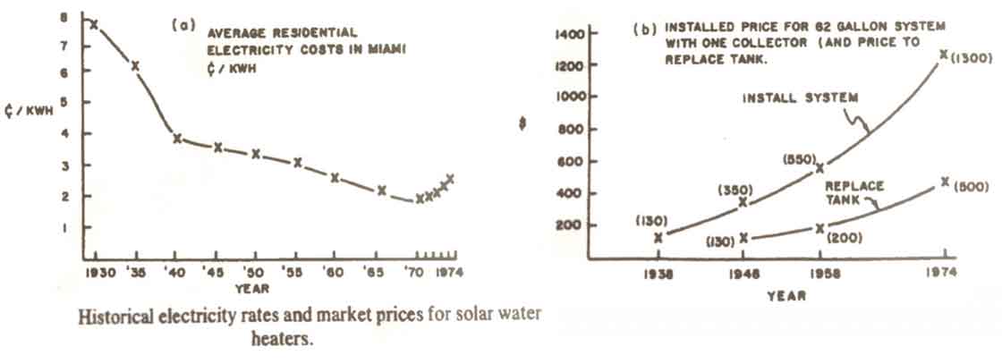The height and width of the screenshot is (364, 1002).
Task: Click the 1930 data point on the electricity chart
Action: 94,24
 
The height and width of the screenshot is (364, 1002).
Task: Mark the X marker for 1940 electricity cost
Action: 178,139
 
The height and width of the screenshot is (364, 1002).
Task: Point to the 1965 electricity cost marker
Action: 382,190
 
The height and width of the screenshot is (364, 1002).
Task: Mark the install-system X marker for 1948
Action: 743,202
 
